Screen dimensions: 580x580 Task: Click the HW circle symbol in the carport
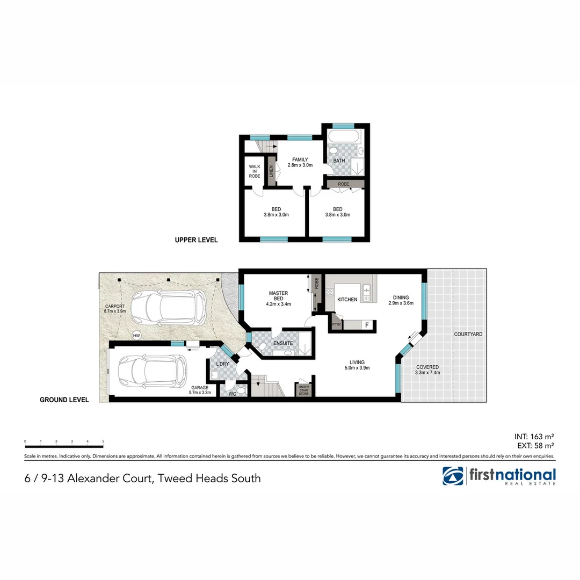[136, 336]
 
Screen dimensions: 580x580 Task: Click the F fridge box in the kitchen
[367, 325]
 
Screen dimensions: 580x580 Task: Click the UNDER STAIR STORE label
[303, 389]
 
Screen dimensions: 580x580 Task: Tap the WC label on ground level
[233, 394]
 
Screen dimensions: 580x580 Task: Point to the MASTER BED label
[278, 296]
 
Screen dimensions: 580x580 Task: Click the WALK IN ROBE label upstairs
[254, 171]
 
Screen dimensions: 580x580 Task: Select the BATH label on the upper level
[339, 161]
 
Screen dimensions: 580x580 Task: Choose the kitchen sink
[367, 292]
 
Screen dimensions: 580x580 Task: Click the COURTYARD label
[468, 334]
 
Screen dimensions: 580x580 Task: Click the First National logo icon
[453, 476]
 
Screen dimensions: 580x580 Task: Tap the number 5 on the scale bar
[103, 441]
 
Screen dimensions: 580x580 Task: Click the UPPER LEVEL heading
[196, 240]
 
